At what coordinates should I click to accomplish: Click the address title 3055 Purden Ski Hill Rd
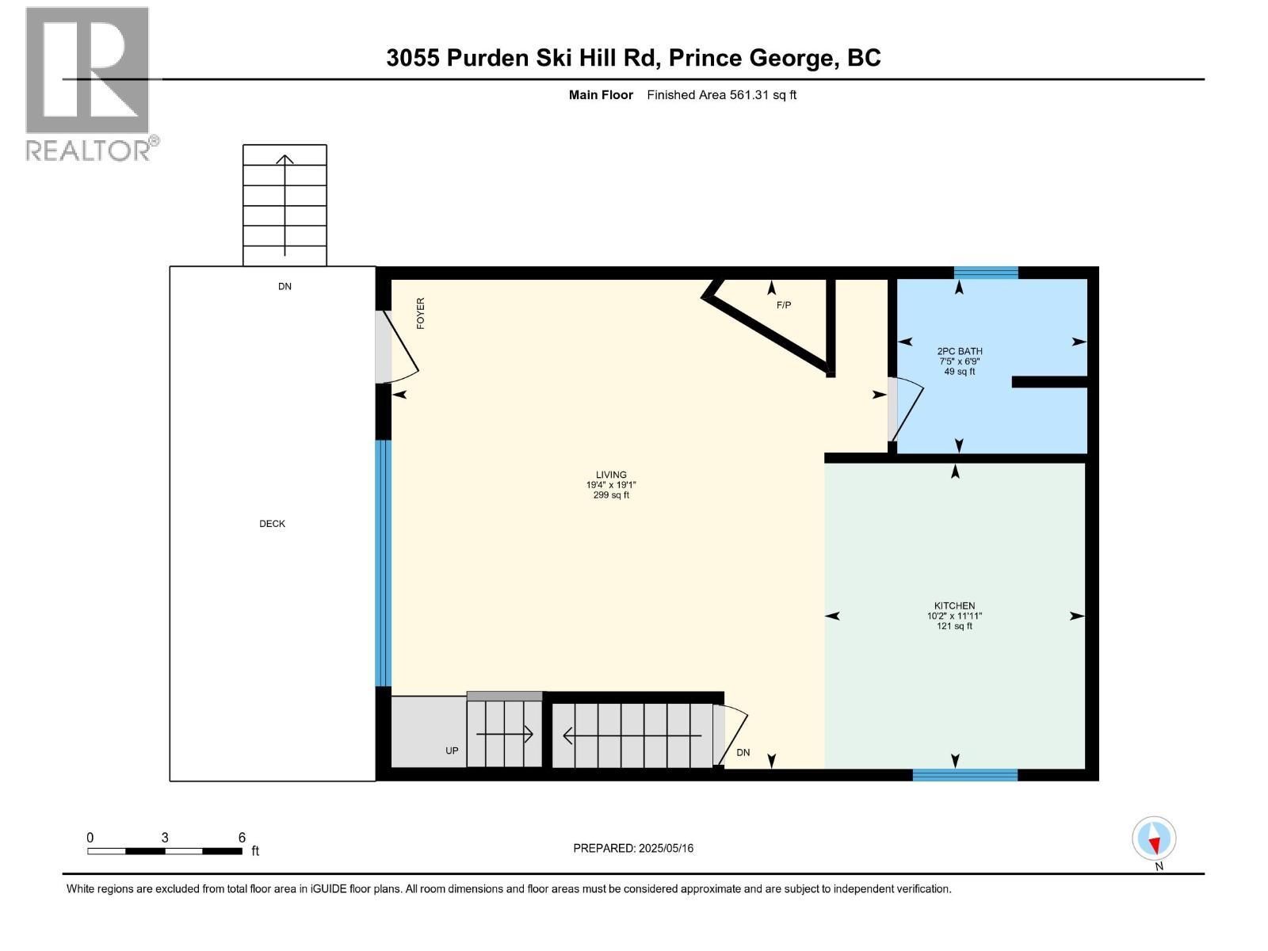(x=633, y=58)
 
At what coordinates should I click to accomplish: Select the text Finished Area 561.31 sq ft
(x=721, y=95)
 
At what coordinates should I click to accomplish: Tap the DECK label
(x=272, y=524)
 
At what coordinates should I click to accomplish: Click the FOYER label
(x=421, y=313)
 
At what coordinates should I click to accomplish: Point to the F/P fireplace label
(x=783, y=305)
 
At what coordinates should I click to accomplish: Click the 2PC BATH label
(x=959, y=351)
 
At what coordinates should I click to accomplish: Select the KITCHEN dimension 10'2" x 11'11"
(x=954, y=616)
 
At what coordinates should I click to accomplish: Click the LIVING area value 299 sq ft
(x=611, y=495)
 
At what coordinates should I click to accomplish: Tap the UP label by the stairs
(x=452, y=750)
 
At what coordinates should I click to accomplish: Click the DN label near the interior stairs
(x=743, y=753)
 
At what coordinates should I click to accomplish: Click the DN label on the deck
(x=285, y=287)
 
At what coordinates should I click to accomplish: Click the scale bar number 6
(x=242, y=838)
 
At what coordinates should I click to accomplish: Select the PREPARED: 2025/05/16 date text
(x=633, y=848)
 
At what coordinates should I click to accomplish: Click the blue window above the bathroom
(x=985, y=273)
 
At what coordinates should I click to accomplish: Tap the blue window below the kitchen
(x=964, y=775)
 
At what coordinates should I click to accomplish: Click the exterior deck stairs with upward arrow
(x=285, y=205)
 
